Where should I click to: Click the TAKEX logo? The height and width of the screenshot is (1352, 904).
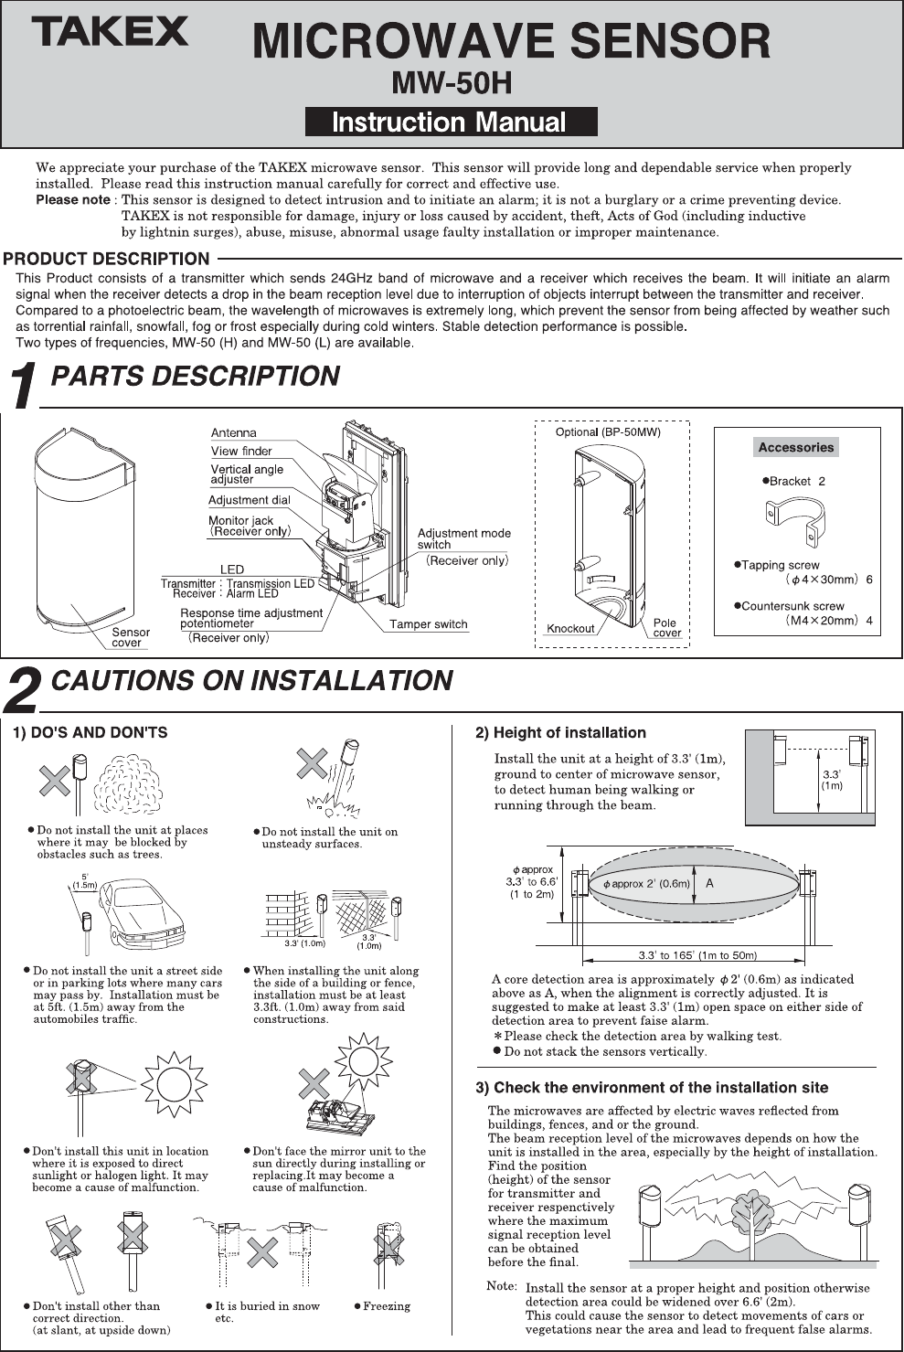[x=111, y=33]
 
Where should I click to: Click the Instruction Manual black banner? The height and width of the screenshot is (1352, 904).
[x=451, y=122]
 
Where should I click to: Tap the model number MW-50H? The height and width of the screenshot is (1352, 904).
[x=451, y=83]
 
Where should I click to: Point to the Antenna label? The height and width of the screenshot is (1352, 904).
[x=234, y=433]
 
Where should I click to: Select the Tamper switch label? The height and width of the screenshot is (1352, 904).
[x=428, y=624]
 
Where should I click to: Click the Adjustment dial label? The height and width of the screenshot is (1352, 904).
[x=249, y=500]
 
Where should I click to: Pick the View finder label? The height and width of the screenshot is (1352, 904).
[x=241, y=451]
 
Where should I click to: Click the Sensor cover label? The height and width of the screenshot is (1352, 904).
[x=130, y=637]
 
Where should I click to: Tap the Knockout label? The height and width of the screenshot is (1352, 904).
[x=569, y=629]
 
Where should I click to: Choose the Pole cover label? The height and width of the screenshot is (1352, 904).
[x=666, y=628]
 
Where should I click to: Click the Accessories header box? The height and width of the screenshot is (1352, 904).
[x=796, y=447]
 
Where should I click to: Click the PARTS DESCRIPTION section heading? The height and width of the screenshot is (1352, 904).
[x=195, y=377]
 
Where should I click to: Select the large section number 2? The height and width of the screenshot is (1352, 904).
[x=22, y=690]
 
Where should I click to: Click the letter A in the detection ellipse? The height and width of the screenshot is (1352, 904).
[x=709, y=884]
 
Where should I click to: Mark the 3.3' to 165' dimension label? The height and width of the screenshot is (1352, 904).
[x=697, y=956]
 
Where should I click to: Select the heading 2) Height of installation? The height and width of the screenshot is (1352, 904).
[x=560, y=733]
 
